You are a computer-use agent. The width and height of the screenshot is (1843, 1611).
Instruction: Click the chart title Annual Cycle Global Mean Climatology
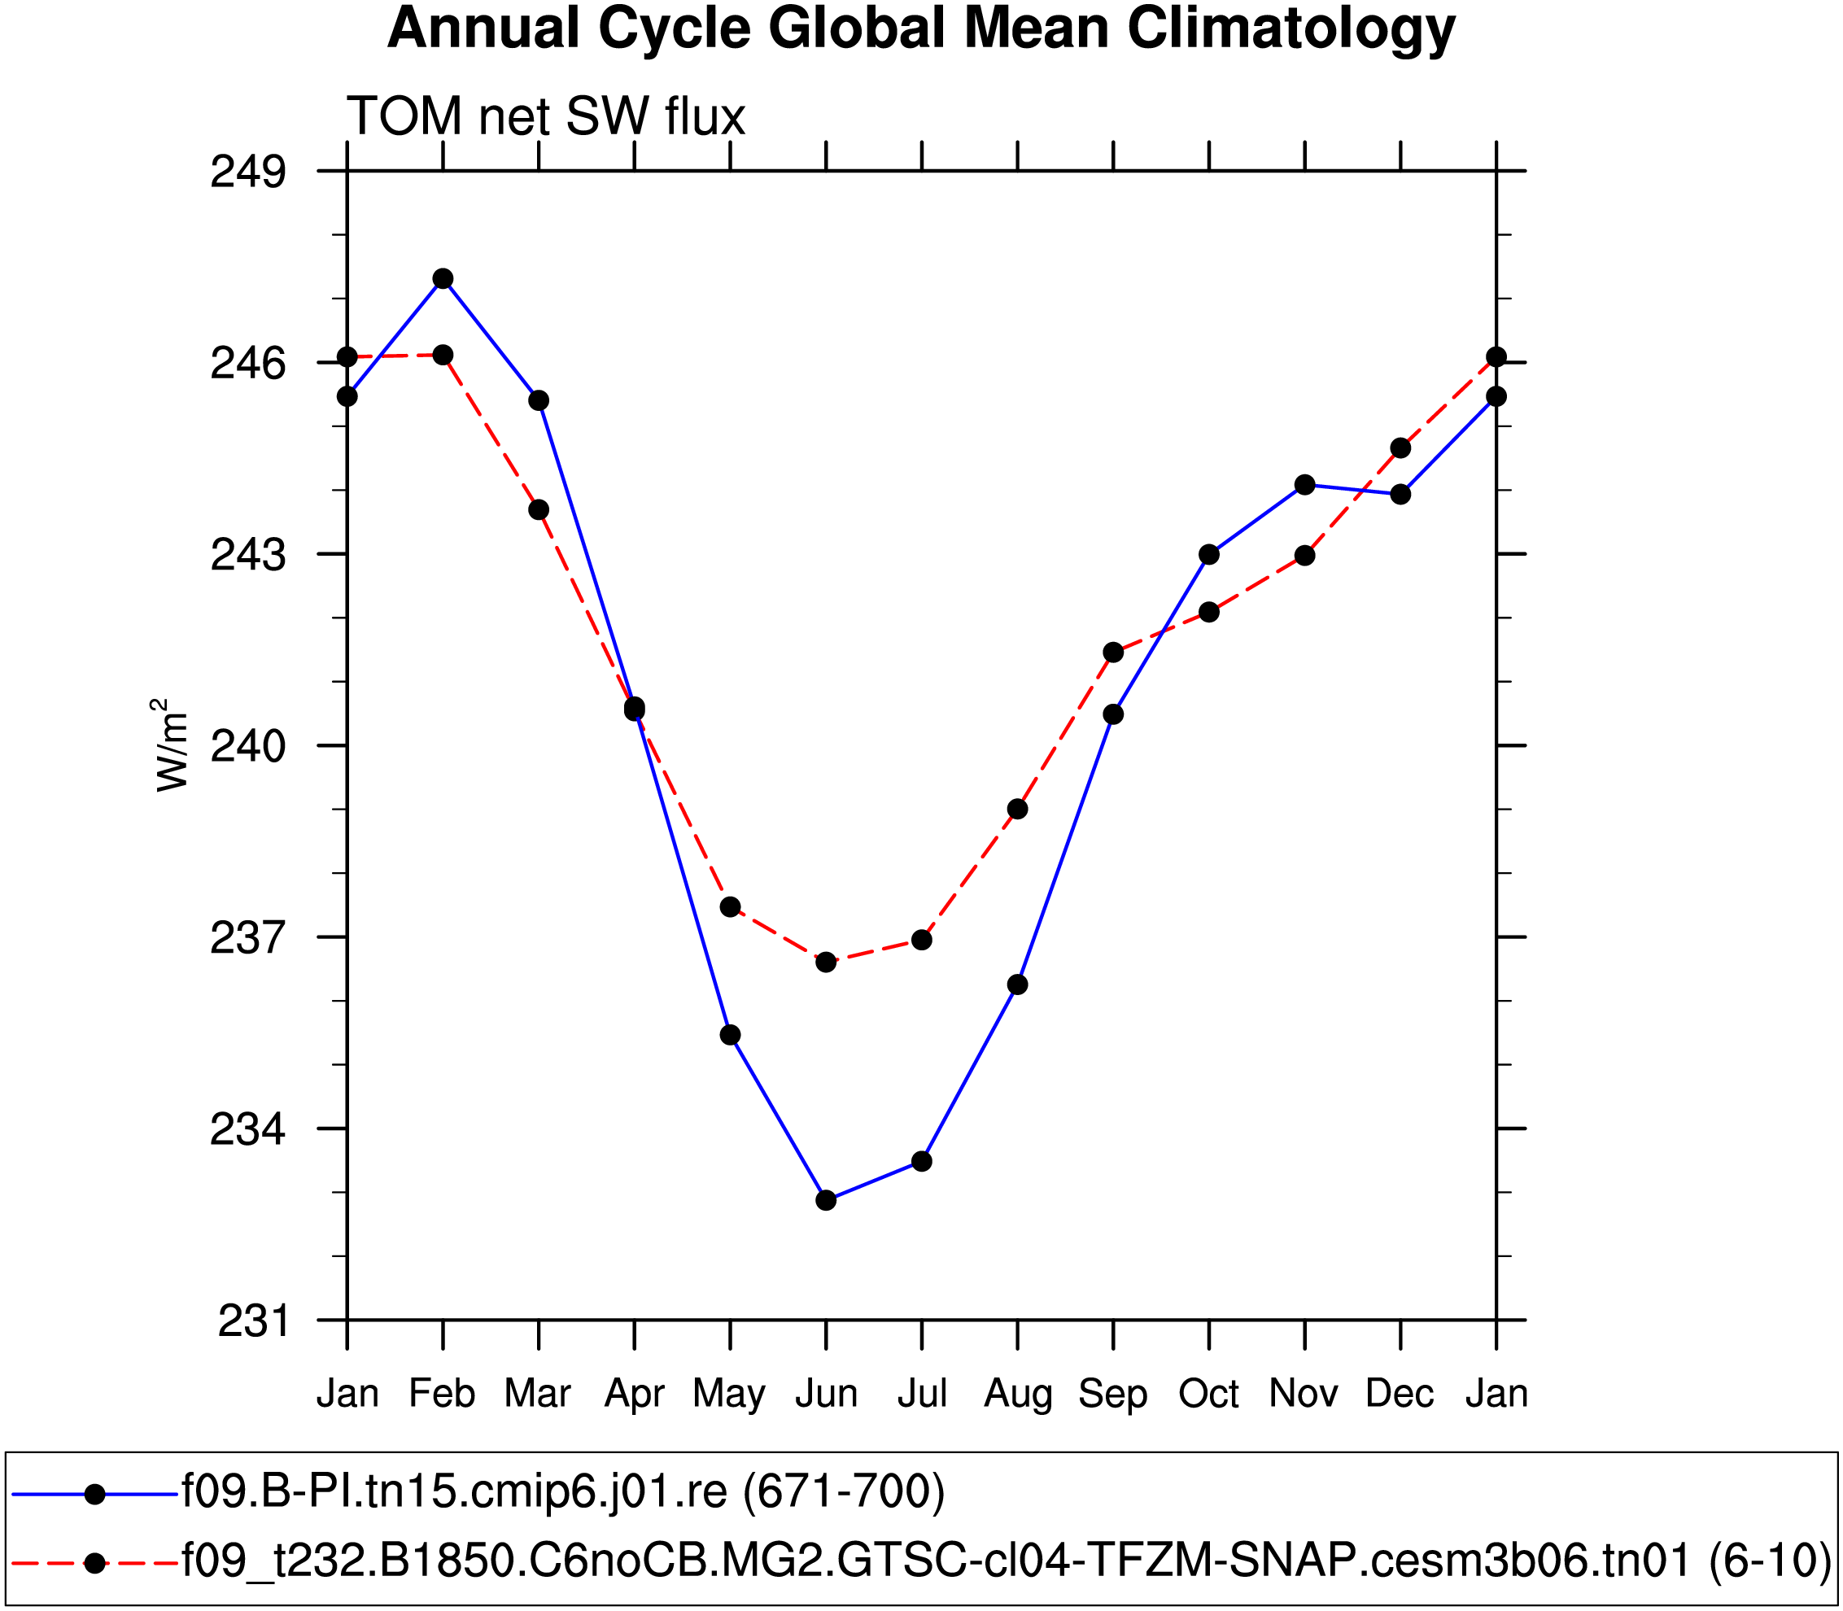click(x=920, y=28)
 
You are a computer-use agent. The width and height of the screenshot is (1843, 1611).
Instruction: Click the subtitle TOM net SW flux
click(x=546, y=117)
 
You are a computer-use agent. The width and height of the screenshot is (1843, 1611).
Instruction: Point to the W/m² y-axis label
click(x=171, y=745)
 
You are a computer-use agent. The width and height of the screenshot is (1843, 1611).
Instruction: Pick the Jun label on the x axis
click(x=826, y=1394)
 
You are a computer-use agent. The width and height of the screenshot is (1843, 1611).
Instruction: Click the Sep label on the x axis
click(x=1113, y=1394)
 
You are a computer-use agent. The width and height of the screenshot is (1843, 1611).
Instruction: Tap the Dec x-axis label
click(x=1400, y=1394)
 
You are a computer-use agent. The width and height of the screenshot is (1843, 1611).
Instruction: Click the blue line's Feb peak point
click(x=443, y=279)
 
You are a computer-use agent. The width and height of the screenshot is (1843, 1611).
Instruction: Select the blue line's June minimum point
click(x=826, y=1200)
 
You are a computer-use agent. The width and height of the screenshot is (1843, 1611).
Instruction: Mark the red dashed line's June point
click(x=826, y=963)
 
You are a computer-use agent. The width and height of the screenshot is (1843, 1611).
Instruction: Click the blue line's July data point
click(x=921, y=1162)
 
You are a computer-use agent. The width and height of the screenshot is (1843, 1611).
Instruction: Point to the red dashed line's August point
click(x=1018, y=809)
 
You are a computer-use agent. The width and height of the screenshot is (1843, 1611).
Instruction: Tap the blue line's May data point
click(x=730, y=1036)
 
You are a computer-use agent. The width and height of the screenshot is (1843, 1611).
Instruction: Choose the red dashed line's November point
click(x=1305, y=556)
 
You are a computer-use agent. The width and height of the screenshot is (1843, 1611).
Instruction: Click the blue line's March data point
click(x=539, y=400)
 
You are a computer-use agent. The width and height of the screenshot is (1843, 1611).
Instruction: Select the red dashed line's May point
click(x=730, y=907)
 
